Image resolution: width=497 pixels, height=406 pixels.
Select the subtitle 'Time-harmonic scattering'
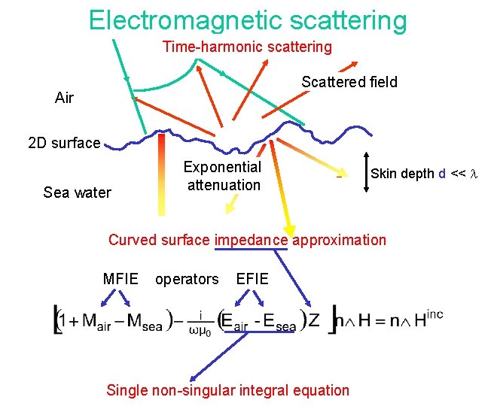click(247, 47)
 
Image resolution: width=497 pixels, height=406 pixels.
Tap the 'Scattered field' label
click(349, 82)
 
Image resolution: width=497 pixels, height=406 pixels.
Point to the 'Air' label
click(64, 98)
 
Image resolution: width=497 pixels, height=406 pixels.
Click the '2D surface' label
click(63, 143)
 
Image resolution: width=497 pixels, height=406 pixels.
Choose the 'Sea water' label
click(77, 192)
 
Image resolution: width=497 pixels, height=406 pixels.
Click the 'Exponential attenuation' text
click(223, 176)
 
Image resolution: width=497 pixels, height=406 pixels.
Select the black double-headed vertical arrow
click(364, 174)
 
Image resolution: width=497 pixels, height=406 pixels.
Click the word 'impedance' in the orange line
click(251, 240)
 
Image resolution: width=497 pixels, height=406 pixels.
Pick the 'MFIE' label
click(120, 279)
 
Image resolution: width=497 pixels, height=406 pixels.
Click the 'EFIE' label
click(252, 279)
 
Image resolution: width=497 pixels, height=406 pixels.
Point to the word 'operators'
click(187, 279)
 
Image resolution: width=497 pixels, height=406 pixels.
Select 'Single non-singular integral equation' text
click(227, 389)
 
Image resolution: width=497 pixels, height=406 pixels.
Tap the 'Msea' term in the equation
click(144, 320)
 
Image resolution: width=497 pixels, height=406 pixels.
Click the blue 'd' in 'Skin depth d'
click(441, 174)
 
